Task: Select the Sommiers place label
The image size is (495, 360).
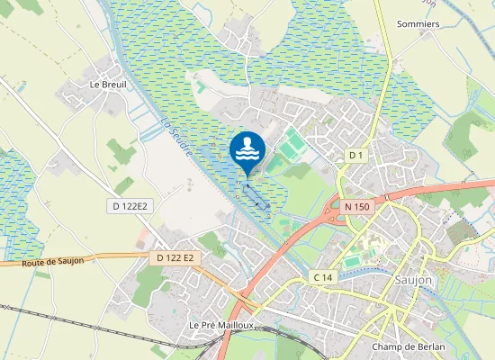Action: coord(418,23)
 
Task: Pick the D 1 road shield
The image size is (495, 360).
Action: coord(355,156)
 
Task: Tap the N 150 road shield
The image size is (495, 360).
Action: coord(356,206)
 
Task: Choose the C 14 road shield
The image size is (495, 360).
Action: coord(323,277)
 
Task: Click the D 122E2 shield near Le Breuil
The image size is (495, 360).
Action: coord(130,206)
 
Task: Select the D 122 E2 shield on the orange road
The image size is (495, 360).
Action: coord(175,258)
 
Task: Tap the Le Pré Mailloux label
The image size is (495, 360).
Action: coord(223,325)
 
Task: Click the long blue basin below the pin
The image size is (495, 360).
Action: coord(255,193)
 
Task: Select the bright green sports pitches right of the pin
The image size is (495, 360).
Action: coord(290,143)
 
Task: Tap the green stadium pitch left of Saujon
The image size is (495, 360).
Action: coord(354,261)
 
